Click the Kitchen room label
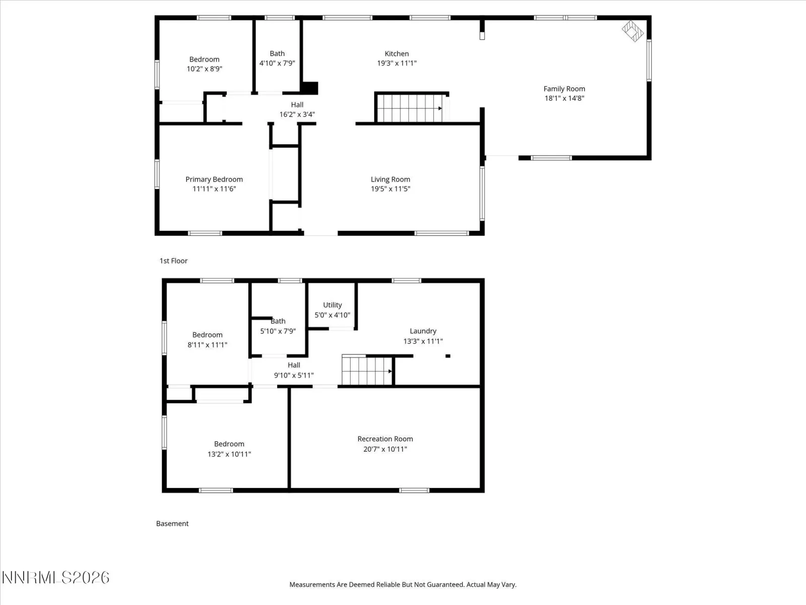[x=396, y=53]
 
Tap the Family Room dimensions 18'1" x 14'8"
[x=564, y=98]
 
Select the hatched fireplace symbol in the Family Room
[x=632, y=31]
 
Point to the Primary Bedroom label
[x=214, y=179]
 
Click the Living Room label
[x=390, y=179]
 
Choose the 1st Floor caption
[x=173, y=261]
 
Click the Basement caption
[x=172, y=523]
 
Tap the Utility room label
[x=332, y=305]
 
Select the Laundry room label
[x=423, y=331]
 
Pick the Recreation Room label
[x=385, y=439]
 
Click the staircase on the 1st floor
[x=410, y=108]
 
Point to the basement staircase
[x=367, y=370]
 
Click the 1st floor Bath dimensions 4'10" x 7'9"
[x=277, y=63]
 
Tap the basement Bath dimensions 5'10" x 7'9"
[x=278, y=331]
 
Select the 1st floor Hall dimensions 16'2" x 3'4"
[x=297, y=114]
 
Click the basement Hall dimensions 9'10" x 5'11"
[x=294, y=376]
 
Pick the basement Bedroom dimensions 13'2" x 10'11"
[x=229, y=454]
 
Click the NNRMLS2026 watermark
[x=55, y=578]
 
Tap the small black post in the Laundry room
[x=448, y=356]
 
